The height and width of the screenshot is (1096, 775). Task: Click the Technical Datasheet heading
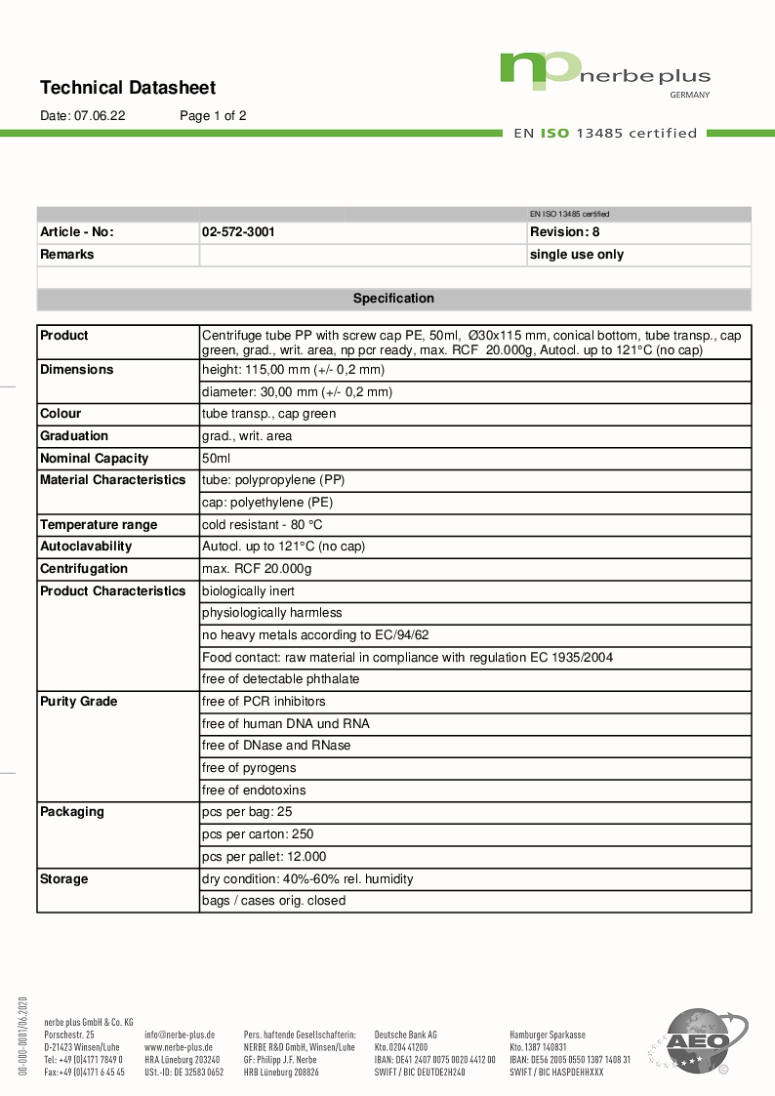[128, 88]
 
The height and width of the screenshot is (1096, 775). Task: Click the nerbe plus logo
[604, 73]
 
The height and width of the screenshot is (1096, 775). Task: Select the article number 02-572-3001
[238, 232]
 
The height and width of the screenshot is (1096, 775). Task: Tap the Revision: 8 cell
[564, 232]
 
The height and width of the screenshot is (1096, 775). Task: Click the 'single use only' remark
[576, 255]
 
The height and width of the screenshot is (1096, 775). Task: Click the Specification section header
[393, 299]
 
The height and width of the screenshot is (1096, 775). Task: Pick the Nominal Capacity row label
[95, 458]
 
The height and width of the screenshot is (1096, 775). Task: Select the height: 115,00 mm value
[293, 370]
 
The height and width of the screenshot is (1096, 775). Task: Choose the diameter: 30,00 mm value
[297, 392]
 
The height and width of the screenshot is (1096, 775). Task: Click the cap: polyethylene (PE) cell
[267, 502]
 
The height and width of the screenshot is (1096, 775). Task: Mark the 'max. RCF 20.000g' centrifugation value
[257, 569]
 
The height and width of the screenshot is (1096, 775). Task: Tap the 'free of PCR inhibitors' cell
[264, 702]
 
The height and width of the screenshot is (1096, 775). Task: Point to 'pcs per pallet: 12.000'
[264, 857]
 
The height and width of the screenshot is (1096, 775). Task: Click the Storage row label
[64, 879]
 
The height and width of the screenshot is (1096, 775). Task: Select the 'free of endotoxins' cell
[254, 791]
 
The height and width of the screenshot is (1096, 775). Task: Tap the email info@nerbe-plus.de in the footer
[180, 1035]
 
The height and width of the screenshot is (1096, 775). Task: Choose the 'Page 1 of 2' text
[213, 115]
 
